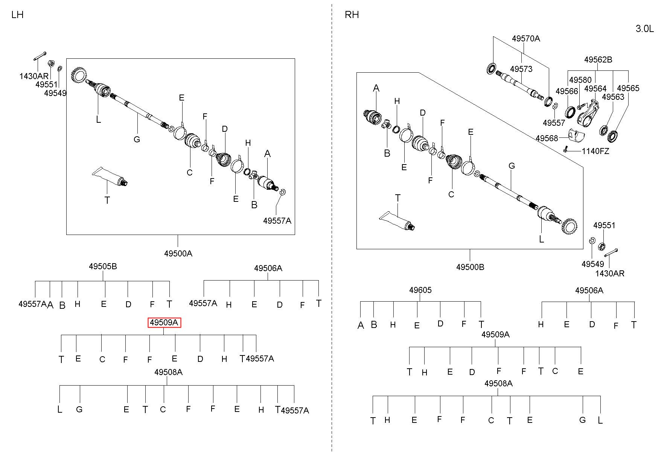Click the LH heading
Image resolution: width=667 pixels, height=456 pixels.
(x=17, y=15)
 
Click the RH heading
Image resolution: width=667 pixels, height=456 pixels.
(x=352, y=15)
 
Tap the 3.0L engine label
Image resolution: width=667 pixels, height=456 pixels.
(x=645, y=29)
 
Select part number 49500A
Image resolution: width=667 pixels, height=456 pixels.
(x=178, y=253)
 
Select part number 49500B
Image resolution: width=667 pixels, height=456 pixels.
(x=470, y=267)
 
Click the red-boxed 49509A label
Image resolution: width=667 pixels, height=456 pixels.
(x=164, y=323)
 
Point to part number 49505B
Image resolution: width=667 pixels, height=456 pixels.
(x=103, y=266)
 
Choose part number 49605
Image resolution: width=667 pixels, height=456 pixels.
(x=420, y=290)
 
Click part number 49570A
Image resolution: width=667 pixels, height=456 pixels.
(x=526, y=38)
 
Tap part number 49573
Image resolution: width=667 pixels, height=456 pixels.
(x=521, y=69)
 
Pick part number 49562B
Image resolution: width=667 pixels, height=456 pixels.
(x=598, y=59)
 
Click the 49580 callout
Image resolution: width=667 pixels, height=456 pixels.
(x=580, y=80)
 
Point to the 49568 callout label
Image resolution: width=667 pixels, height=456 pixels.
(x=547, y=138)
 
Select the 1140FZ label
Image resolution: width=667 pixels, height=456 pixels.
(x=595, y=151)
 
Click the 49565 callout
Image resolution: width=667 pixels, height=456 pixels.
(x=628, y=88)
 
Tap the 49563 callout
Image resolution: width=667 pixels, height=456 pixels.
(x=613, y=97)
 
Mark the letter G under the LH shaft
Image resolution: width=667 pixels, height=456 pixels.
(x=137, y=139)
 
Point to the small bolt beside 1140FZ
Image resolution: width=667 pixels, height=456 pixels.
(x=565, y=149)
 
